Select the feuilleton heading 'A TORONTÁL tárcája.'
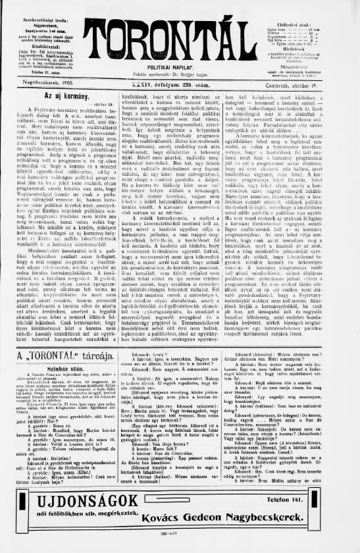[x=64, y=357]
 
